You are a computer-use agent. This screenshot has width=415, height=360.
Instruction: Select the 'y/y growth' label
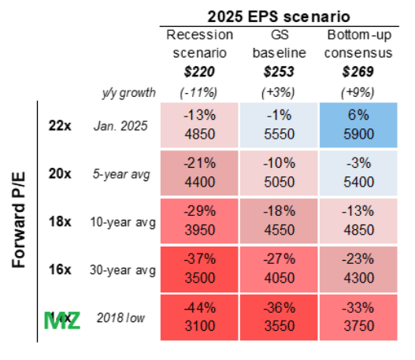click(x=124, y=91)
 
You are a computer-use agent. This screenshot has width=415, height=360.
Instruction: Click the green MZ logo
click(x=61, y=321)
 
